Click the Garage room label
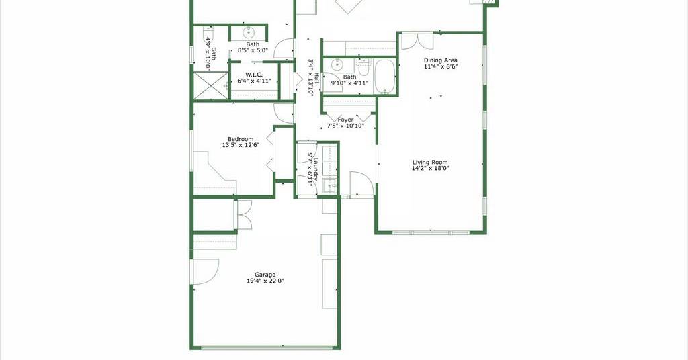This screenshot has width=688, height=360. [265, 275]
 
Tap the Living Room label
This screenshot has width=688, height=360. [430, 163]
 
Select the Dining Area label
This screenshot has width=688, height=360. [441, 60]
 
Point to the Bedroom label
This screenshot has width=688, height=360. [241, 139]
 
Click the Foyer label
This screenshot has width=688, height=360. [345, 120]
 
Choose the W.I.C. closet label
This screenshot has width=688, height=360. [254, 75]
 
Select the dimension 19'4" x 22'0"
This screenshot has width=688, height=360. [265, 281]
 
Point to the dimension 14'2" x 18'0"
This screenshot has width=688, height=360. [430, 169]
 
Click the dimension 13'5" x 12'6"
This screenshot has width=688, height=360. [241, 145]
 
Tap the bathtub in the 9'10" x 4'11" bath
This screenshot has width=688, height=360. [384, 77]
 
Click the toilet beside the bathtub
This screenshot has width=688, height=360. [364, 68]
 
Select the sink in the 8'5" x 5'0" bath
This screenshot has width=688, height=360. [249, 32]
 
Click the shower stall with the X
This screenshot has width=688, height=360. [211, 86]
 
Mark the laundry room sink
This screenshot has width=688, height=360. [329, 186]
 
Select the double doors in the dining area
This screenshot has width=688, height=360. [417, 40]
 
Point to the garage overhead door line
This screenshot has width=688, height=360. [266, 348]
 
